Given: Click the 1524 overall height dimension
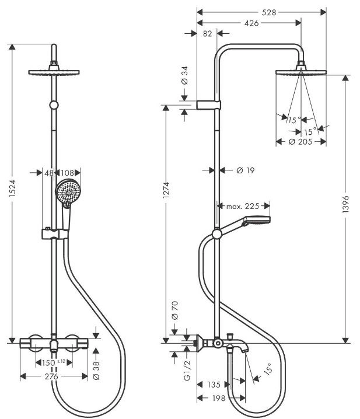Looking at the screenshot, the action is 12,188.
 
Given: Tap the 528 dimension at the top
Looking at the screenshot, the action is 268,12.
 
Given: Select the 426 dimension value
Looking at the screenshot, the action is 251,23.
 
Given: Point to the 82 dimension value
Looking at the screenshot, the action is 207,34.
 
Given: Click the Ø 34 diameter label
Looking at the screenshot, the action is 185,76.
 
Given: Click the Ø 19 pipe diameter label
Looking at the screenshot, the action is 246,170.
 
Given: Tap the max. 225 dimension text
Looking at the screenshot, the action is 243,206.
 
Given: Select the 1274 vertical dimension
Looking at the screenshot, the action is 166,190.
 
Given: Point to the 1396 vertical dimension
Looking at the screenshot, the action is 345,204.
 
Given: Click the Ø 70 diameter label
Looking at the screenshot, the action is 174,310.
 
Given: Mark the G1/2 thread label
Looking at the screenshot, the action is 187,370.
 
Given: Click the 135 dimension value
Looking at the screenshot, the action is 214,385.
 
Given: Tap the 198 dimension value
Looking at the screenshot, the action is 219,398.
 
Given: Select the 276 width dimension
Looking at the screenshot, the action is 51,376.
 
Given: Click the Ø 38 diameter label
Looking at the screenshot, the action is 96,371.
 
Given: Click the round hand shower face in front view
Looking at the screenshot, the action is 68,191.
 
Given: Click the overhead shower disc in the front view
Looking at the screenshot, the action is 54,72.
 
